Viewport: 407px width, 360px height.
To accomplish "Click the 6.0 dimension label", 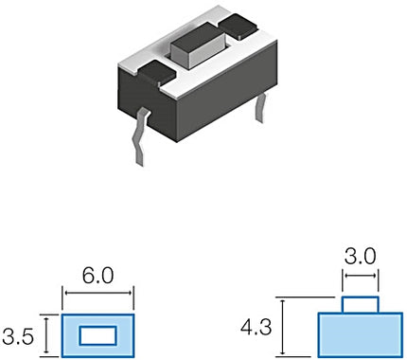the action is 97,276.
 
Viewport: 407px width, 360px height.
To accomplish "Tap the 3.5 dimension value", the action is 18,336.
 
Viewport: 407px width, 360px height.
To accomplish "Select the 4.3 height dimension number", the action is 256,327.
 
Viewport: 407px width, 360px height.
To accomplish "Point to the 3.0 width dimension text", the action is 360,257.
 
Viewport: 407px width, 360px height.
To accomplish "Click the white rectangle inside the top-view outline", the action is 97,335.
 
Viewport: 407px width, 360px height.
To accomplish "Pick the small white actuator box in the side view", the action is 360,305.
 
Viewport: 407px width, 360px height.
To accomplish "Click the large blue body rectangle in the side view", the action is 360,335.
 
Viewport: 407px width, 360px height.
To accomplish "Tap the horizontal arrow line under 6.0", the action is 97,293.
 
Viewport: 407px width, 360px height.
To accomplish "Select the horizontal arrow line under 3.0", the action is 360,276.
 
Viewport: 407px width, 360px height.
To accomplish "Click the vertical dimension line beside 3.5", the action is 46,335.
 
